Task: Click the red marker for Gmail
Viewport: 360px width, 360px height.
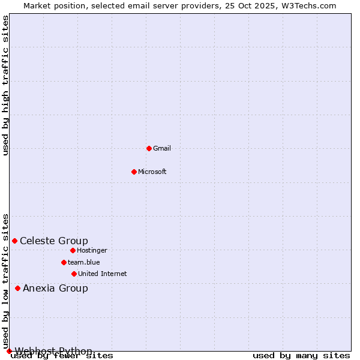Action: [x=149, y=148]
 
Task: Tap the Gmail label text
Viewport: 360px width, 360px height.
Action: [x=162, y=149]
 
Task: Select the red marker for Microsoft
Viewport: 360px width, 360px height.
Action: [x=134, y=172]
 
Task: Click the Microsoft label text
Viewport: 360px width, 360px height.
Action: [x=152, y=172]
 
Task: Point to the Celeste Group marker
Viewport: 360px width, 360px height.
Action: [x=14, y=241]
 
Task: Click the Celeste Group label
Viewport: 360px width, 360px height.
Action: [x=54, y=241]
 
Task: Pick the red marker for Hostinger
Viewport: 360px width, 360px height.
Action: [x=73, y=250]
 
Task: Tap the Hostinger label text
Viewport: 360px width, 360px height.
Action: [x=92, y=251]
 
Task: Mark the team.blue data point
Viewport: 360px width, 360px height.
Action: [x=64, y=262]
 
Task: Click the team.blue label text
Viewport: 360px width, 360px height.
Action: [x=84, y=263]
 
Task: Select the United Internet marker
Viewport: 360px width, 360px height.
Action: [x=74, y=274]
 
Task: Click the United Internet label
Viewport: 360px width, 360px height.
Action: [x=103, y=274]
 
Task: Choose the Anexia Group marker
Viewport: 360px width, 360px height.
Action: [x=17, y=288]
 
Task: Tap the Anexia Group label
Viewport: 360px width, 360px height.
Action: [x=55, y=289]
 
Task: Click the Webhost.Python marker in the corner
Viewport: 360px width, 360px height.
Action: [x=9, y=351]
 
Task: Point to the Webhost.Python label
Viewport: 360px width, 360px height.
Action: [x=53, y=351]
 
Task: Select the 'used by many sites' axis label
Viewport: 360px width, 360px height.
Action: [x=301, y=356]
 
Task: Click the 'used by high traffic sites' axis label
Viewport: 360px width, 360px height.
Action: [x=6, y=85]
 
